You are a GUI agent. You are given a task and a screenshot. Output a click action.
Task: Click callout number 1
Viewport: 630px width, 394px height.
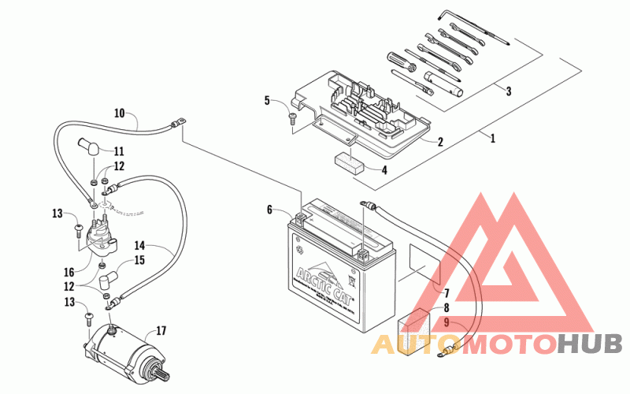tap(493, 139)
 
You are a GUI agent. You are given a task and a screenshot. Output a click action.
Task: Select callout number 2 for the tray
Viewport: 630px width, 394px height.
tap(439, 143)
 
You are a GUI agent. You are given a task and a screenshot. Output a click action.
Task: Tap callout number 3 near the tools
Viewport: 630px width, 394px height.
tap(509, 91)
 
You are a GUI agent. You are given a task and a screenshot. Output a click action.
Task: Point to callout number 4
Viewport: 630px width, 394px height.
tap(384, 169)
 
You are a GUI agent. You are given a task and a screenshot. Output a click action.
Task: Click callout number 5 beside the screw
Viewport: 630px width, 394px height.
tap(267, 101)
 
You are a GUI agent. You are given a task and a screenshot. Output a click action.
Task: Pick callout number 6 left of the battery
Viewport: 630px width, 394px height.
tap(269, 210)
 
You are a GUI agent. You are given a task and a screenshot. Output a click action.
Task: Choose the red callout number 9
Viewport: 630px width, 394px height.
tap(447, 322)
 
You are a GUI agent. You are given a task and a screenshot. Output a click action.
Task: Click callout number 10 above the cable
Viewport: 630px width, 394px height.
tap(119, 113)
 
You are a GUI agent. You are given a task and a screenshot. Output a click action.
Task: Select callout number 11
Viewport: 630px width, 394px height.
tap(119, 151)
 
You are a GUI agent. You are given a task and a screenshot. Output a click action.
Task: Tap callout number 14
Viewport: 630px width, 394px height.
tap(140, 246)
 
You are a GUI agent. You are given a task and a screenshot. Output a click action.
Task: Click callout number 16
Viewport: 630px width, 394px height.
tap(70, 273)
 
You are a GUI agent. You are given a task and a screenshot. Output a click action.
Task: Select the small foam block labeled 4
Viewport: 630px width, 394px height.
tap(347, 162)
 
